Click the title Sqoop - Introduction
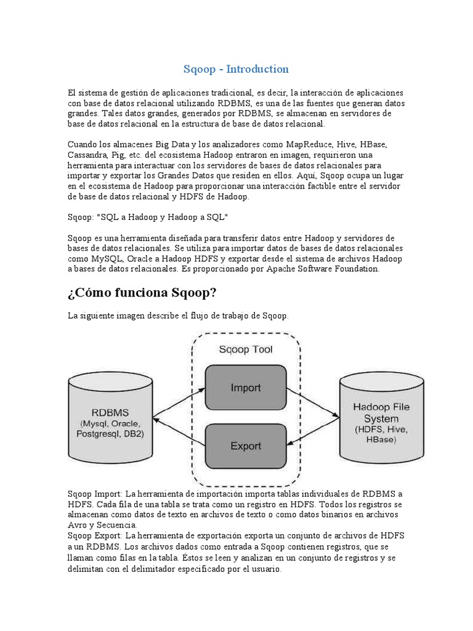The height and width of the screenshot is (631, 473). pos(236,69)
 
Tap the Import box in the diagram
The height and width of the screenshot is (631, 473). pos(245,388)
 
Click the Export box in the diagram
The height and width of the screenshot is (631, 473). pos(245,446)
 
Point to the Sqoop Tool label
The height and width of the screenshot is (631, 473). pos(246,349)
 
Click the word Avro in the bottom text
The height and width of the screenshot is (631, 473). pos(76,525)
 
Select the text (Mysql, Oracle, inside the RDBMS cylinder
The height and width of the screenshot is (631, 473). pos(110,425)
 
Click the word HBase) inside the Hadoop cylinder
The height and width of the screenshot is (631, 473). pos(381,439)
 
